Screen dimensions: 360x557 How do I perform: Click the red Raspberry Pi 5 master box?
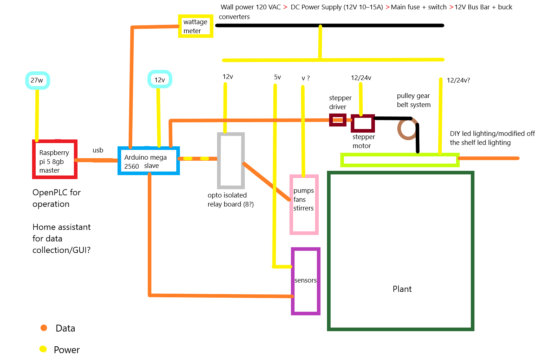[x=55, y=159]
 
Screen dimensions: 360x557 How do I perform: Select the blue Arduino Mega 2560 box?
[x=149, y=161]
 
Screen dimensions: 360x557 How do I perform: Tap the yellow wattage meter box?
[x=195, y=26]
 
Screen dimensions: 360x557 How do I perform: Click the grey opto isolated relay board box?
[x=231, y=160]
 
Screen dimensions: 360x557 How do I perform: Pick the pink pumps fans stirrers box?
[x=304, y=204]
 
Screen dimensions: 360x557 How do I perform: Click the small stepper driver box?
[x=337, y=120]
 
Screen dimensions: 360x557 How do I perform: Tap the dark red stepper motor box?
[x=363, y=123]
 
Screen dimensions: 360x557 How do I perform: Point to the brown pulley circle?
[x=407, y=129]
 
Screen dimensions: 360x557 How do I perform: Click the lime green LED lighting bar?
[x=399, y=160]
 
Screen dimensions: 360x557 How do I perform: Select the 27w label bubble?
[x=37, y=80]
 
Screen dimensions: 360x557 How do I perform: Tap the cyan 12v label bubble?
[x=160, y=80]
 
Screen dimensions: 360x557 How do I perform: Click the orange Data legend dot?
[x=44, y=328]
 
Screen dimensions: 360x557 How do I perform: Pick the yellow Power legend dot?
[x=43, y=349]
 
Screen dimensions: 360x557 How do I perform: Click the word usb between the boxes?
[x=98, y=150]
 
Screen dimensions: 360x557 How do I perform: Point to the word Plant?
[x=402, y=289]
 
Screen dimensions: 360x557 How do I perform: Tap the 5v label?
[x=277, y=77]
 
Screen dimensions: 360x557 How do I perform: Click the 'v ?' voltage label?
[x=305, y=78]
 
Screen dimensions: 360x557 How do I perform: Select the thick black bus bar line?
[x=329, y=26]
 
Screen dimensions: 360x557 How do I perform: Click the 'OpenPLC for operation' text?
[x=57, y=198]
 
